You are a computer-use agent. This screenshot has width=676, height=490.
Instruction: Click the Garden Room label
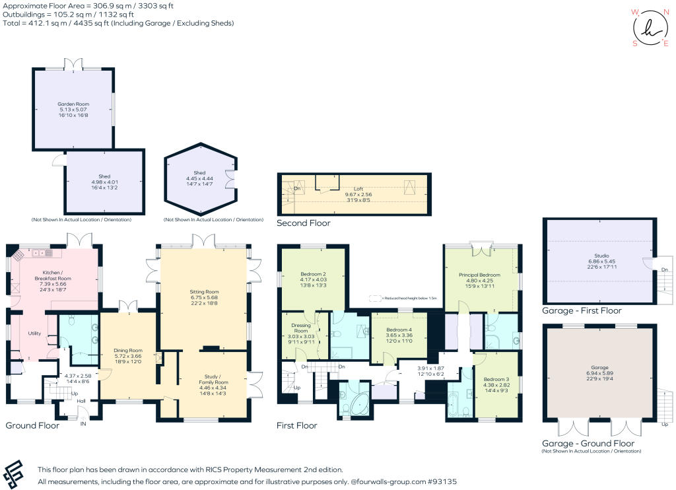pyautogui.click(x=73, y=104)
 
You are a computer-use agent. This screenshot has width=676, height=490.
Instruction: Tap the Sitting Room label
pyautogui.click(x=204, y=292)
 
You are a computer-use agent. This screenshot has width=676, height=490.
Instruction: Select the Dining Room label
pyautogui.click(x=128, y=351)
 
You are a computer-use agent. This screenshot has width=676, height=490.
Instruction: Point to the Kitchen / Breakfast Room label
pyautogui.click(x=53, y=275)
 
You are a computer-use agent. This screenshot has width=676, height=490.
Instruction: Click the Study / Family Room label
pyautogui.click(x=213, y=380)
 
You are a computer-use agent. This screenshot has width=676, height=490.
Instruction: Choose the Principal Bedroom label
pyautogui.click(x=479, y=275)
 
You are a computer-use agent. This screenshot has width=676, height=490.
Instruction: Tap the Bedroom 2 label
pyautogui.click(x=313, y=274)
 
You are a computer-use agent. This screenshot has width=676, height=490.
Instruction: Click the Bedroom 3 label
pyautogui.click(x=496, y=379)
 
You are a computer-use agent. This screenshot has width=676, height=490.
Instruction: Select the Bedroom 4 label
pyautogui.click(x=399, y=330)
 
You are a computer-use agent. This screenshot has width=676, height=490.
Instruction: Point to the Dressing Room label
pyautogui.click(x=301, y=328)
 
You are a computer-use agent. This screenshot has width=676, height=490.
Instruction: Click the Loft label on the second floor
pyautogui.click(x=358, y=189)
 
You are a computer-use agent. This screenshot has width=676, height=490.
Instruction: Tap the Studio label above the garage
pyautogui.click(x=602, y=256)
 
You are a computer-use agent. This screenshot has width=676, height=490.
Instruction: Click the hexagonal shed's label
pyautogui.click(x=199, y=172)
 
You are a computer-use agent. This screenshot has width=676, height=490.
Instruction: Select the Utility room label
pyautogui.click(x=34, y=333)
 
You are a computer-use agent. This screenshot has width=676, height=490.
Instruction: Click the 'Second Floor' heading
pyautogui.click(x=304, y=223)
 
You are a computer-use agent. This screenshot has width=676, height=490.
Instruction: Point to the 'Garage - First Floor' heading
pyautogui.click(x=582, y=310)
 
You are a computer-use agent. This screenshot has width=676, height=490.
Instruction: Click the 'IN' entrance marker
pyautogui.click(x=83, y=423)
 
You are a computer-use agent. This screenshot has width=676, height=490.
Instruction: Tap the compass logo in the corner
pyautogui.click(x=650, y=28)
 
